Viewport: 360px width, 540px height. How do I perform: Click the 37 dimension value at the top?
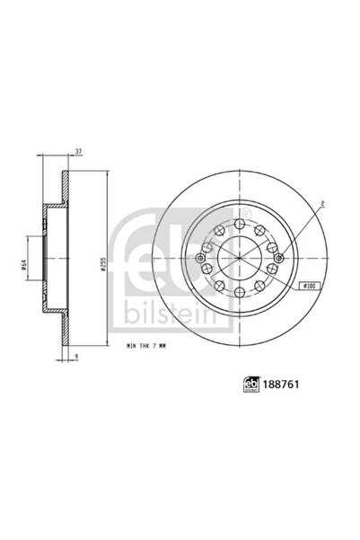(x=79, y=152)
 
